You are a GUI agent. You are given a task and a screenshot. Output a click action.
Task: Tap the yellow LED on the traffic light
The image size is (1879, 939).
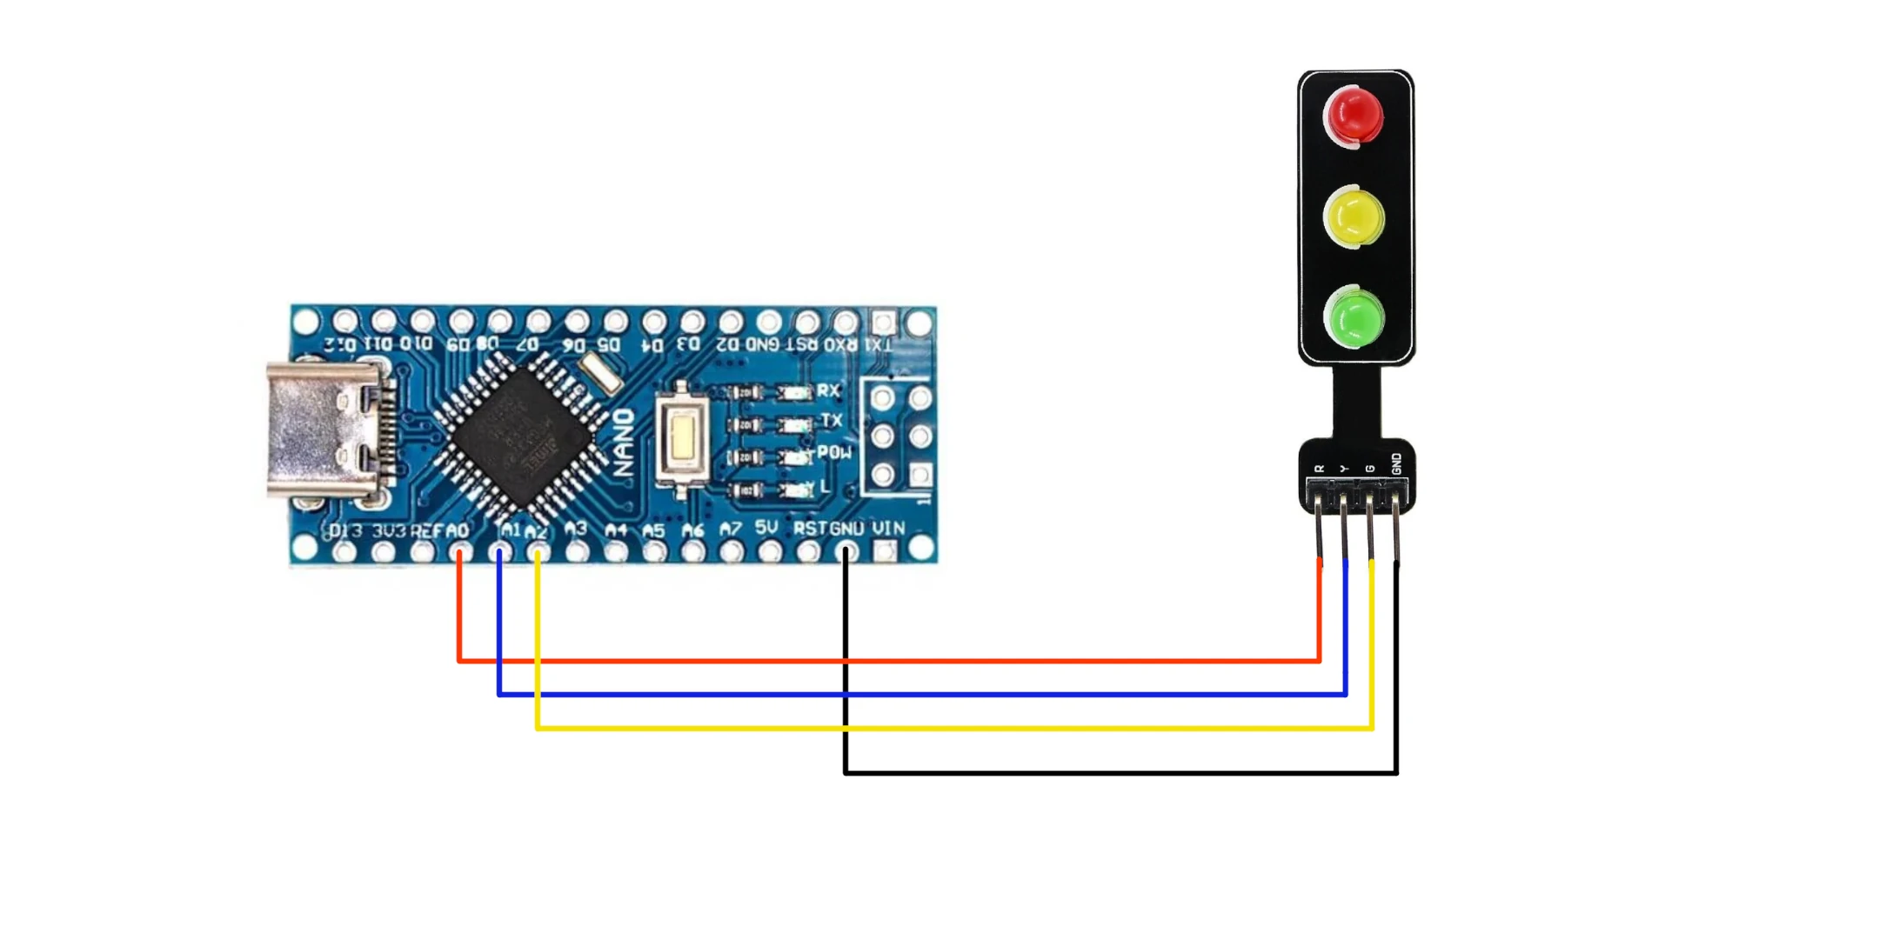pyautogui.click(x=1354, y=216)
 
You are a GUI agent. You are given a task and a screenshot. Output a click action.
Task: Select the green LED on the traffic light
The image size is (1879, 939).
pyautogui.click(x=1354, y=318)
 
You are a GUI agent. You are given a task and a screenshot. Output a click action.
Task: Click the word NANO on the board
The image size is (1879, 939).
pyautogui.click(x=624, y=443)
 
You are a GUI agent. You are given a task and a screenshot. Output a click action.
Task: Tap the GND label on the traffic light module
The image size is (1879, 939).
pyautogui.click(x=1396, y=464)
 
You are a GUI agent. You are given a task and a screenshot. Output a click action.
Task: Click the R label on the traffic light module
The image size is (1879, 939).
pyautogui.click(x=1320, y=469)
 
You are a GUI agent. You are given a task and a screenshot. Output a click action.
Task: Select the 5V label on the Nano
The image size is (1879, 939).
pyautogui.click(x=766, y=528)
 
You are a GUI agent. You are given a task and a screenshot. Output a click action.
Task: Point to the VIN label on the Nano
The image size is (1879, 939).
pyautogui.click(x=888, y=529)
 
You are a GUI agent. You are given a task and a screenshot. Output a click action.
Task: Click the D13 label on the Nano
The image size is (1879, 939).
pyautogui.click(x=345, y=530)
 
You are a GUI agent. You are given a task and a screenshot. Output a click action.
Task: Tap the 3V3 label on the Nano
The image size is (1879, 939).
pyautogui.click(x=389, y=530)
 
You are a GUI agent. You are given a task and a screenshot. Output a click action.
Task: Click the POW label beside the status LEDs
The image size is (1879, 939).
pyautogui.click(x=833, y=453)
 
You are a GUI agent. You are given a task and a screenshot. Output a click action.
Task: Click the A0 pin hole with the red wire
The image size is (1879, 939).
pyautogui.click(x=460, y=551)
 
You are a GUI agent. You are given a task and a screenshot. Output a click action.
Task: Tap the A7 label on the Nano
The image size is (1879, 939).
pyautogui.click(x=730, y=529)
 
